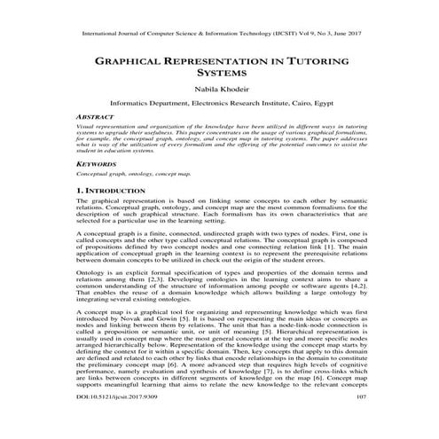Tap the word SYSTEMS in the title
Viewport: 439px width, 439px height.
click(x=220, y=77)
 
